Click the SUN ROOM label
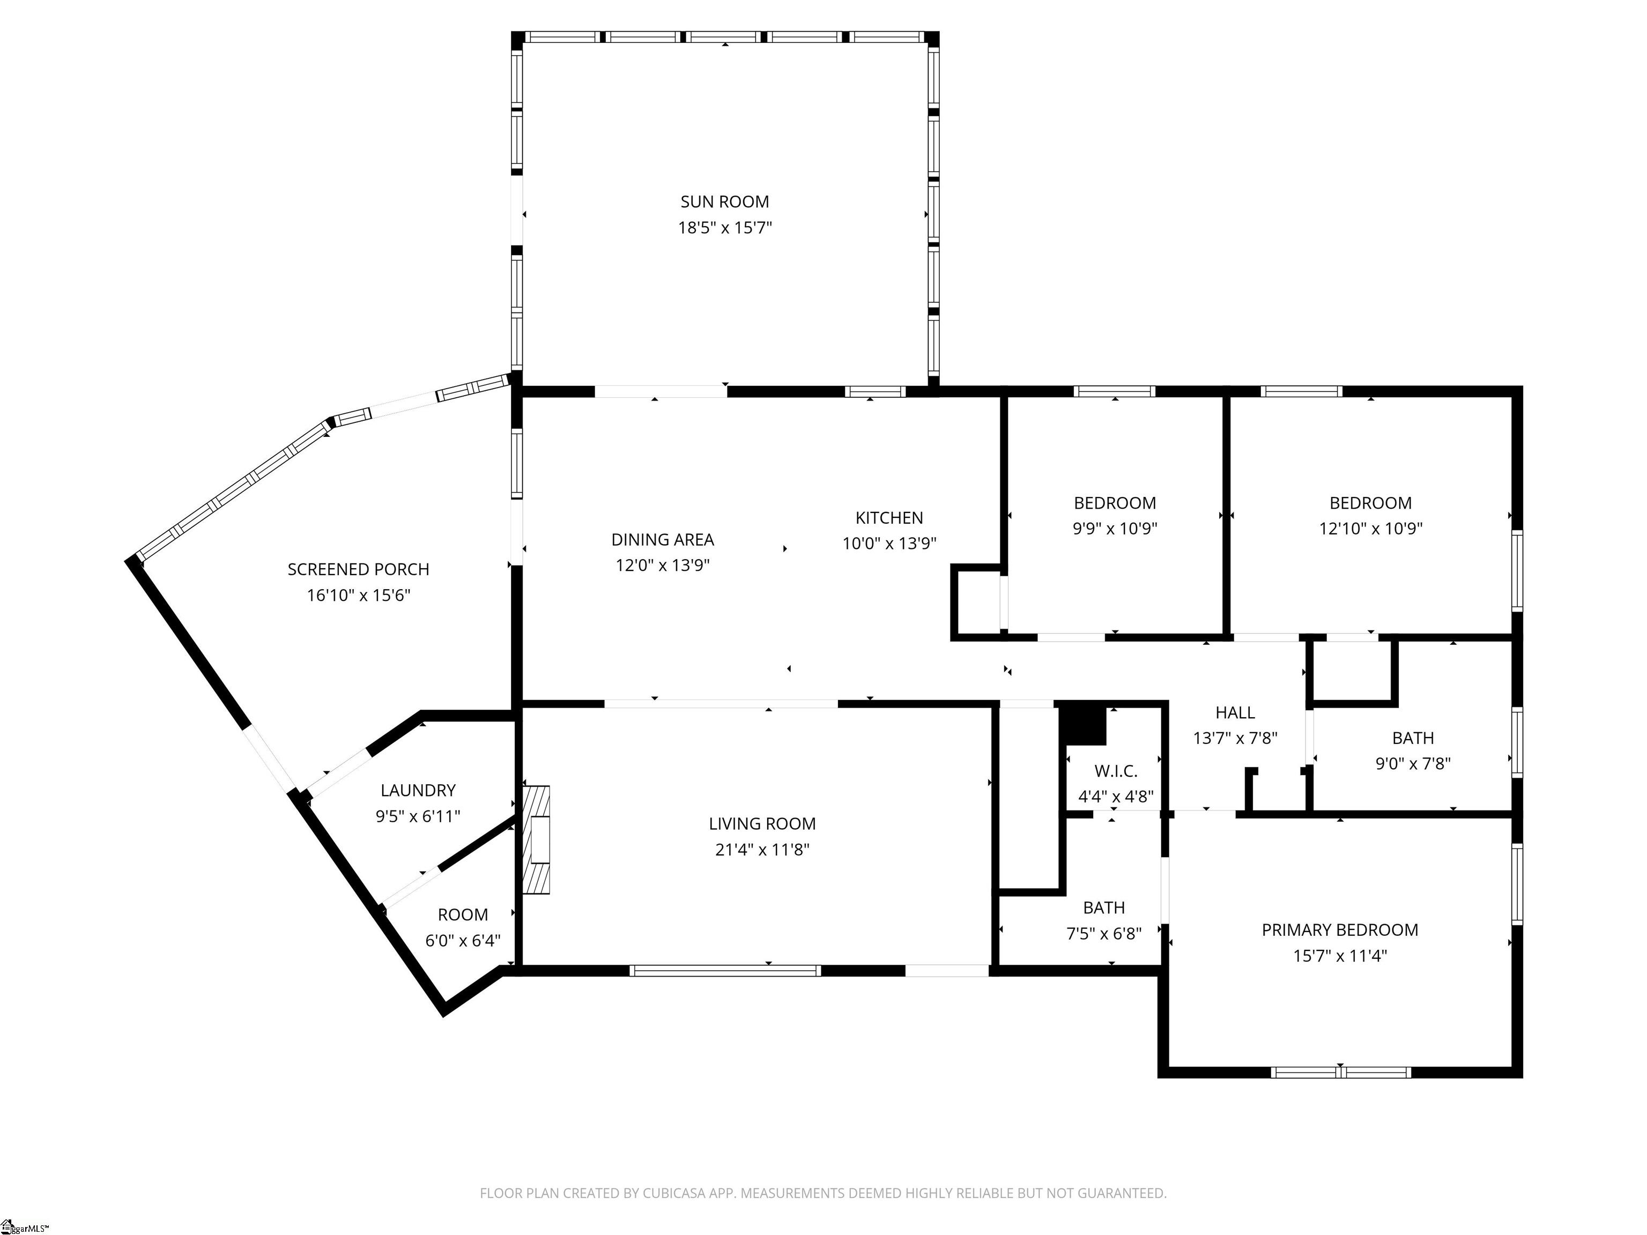click(x=724, y=202)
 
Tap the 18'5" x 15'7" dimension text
click(x=724, y=228)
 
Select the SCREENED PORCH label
click(x=358, y=569)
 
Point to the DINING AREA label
click(x=663, y=540)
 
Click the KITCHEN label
click(x=889, y=518)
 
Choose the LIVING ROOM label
click(x=762, y=824)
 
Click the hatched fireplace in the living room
click(x=536, y=840)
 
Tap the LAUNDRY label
click(x=418, y=791)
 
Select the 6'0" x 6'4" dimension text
click(x=462, y=941)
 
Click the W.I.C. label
click(x=1115, y=771)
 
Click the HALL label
click(x=1235, y=713)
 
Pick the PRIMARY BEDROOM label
click(x=1339, y=931)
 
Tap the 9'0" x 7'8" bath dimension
click(x=1413, y=764)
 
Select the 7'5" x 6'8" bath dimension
click(x=1103, y=934)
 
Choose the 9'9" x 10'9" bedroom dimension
click(x=1115, y=529)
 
